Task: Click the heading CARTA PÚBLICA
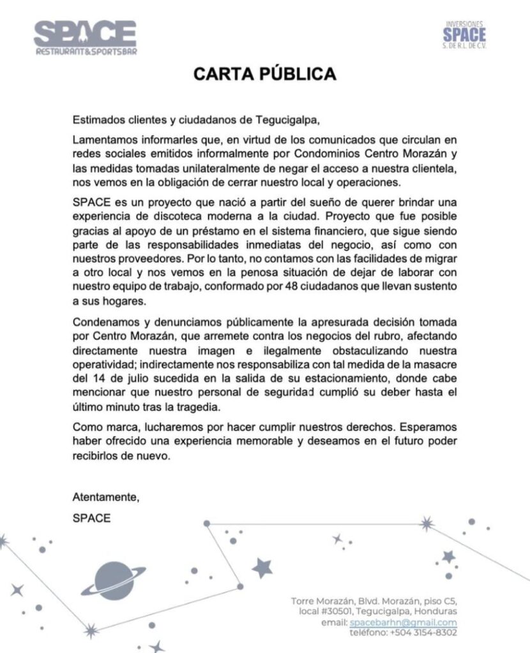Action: (x=265, y=74)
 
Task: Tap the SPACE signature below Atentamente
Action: (x=91, y=518)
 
